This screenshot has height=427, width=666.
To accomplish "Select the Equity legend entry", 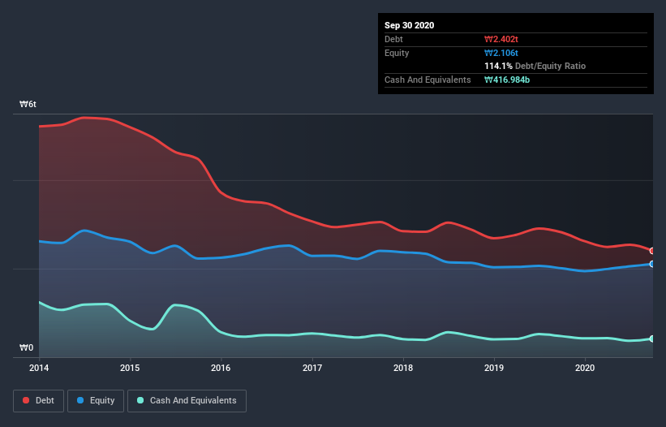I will coord(96,400).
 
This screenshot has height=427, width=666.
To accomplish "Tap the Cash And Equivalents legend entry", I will coord(187,400).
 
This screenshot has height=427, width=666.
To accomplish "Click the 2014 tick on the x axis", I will coord(39,368).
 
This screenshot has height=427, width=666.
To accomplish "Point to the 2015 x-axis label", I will coord(130,368).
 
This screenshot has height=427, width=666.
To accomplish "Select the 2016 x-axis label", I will coord(221,368).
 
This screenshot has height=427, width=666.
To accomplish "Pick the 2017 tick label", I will coord(312,368).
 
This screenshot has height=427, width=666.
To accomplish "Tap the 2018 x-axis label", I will coord(402,368).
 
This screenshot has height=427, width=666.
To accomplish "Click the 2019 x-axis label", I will coord(493,368).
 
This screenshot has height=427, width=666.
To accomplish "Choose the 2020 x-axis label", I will coord(584,368).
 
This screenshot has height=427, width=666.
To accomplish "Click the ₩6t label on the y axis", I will coord(28,105).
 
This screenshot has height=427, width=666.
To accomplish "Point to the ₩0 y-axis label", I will coord(27,348).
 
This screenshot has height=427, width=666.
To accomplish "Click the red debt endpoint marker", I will coord(651,251).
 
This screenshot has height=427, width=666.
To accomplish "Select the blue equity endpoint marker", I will coord(651,264).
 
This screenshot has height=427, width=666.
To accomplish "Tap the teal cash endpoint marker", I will coord(651,339).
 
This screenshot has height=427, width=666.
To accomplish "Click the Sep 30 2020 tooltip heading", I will coord(410,25).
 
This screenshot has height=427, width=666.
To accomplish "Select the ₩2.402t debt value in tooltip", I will coord(501,39).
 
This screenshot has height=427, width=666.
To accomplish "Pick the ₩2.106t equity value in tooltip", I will coord(501,53).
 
